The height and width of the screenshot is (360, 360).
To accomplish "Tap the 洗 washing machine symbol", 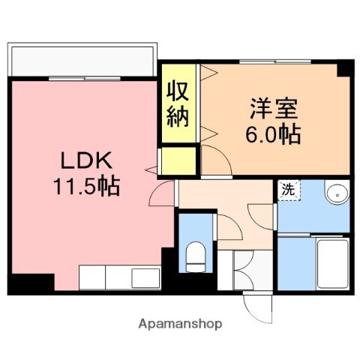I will pyautogui.click(x=288, y=190).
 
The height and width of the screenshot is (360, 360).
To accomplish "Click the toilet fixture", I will pyautogui.click(x=193, y=257).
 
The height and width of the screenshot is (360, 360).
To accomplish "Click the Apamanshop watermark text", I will pyautogui.click(x=180, y=324).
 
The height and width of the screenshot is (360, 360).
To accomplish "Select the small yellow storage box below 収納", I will pyautogui.click(x=178, y=160).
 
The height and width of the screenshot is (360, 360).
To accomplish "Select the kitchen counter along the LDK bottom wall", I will pyautogui.click(x=120, y=277).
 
